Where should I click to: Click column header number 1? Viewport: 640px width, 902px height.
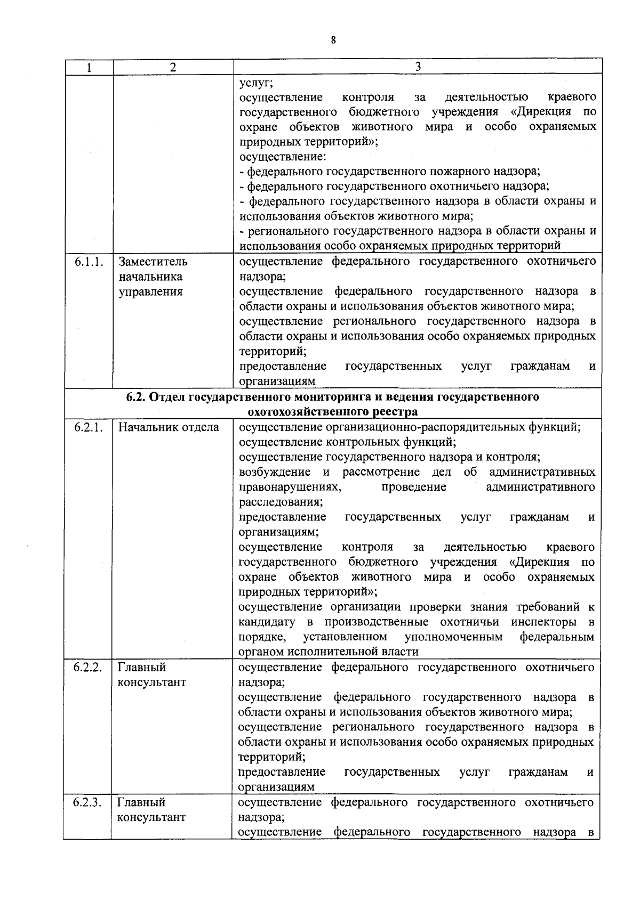tap(89, 67)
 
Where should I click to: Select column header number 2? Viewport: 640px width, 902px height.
tap(172, 67)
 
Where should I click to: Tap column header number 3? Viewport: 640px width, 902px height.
tap(418, 67)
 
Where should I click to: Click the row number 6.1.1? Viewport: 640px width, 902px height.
tap(89, 262)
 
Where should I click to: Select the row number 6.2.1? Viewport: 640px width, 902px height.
tap(89, 427)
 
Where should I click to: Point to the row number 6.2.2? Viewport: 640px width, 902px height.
tap(88, 668)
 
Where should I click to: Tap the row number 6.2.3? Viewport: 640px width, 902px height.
tap(88, 802)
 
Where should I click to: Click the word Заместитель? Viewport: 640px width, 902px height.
tap(153, 262)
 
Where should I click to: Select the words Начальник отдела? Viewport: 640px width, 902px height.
tap(169, 427)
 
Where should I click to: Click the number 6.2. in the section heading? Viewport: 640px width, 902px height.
tap(137, 397)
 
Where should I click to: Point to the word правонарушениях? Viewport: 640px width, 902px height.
tap(290, 487)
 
